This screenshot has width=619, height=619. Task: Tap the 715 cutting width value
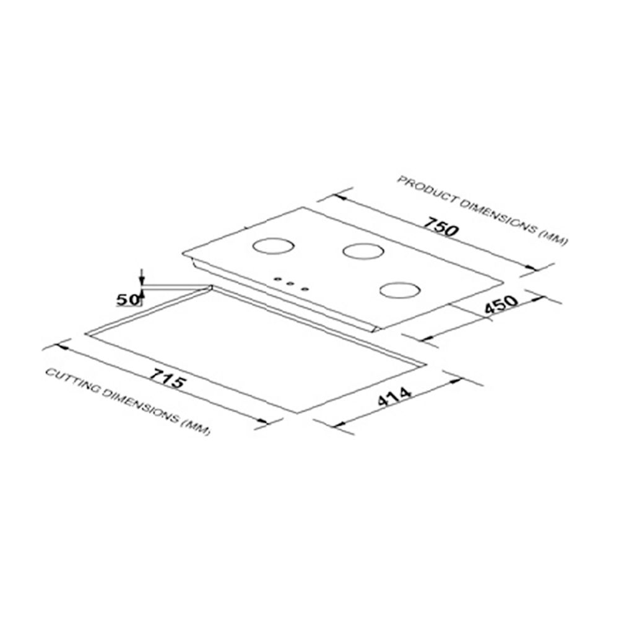coord(165,379)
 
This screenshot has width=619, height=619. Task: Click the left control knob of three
coord(277,280)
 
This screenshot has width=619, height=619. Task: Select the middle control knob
coord(290,284)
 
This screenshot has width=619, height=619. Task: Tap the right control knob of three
coord(304,287)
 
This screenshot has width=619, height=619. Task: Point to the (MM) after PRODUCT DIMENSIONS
coord(552,238)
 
